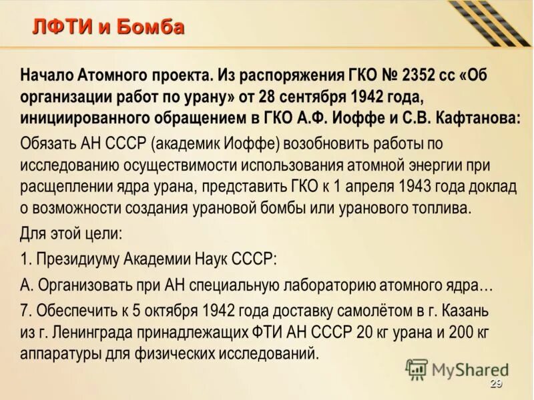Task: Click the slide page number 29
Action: tap(495, 383)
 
